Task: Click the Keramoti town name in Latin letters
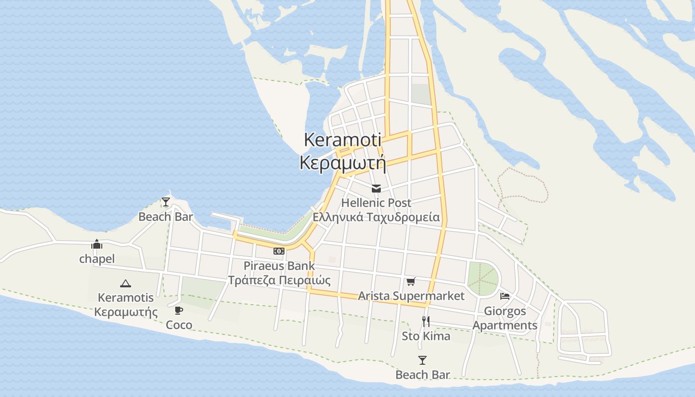pos(343,140)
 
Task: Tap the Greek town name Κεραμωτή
pos(343,162)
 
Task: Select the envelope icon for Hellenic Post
pos(376,189)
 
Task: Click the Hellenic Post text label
pos(376,203)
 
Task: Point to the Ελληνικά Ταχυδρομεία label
pos(376,217)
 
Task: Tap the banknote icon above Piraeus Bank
pos(279,251)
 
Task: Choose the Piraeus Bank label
pos(279,265)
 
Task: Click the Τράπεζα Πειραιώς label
pos(279,280)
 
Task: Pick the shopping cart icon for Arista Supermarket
pos(411,282)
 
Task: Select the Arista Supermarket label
pos(411,296)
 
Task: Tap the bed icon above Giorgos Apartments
pos(505,296)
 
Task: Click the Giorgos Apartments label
pos(505,318)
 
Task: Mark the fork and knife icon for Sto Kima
pos(425,322)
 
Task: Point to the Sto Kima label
pos(426,336)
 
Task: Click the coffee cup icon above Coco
pos(179,311)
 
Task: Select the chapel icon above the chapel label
pos(97,244)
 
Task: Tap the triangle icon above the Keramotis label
pos(126,284)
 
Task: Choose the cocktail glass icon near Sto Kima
pos(422,360)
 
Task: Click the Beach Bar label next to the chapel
pos(165,217)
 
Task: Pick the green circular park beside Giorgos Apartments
pos(483,279)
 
